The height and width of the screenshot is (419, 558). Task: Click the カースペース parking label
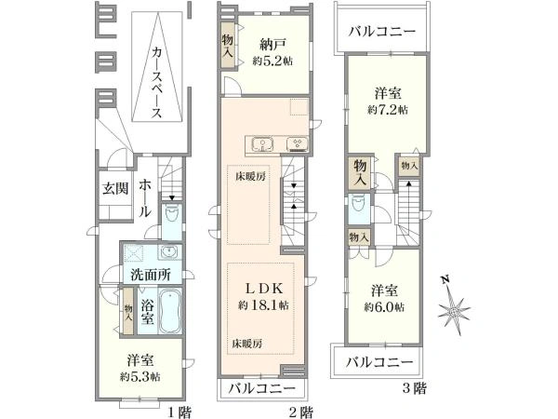point(157,83)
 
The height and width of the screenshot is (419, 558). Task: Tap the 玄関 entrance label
point(115,188)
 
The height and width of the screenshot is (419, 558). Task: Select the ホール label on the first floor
point(145,198)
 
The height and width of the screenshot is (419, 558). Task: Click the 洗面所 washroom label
point(151,275)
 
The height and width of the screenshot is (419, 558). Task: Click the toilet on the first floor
point(172,215)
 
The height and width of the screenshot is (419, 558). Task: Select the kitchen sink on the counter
point(262,144)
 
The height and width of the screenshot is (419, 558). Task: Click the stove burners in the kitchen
point(298,144)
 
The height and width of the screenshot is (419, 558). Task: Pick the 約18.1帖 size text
point(263,305)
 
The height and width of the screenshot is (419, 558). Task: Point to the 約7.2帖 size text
point(388,110)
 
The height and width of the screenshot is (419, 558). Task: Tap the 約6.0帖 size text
point(384,306)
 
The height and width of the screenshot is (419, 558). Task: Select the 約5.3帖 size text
point(139,376)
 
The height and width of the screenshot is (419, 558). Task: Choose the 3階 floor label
point(415,388)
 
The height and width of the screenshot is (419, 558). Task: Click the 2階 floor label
point(301,412)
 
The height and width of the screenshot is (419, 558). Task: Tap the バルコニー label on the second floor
point(262,387)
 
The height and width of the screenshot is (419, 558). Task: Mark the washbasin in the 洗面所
point(166,252)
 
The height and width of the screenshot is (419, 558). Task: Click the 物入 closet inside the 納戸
point(228,46)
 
